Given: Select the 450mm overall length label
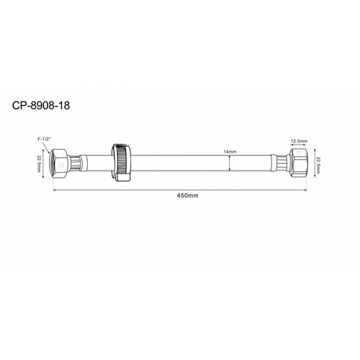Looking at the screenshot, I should pos(186,196).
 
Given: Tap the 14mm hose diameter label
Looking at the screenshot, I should pos(230,151).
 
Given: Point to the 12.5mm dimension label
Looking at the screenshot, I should pos(299,142).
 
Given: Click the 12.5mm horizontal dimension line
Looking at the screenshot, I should pos(299,147).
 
